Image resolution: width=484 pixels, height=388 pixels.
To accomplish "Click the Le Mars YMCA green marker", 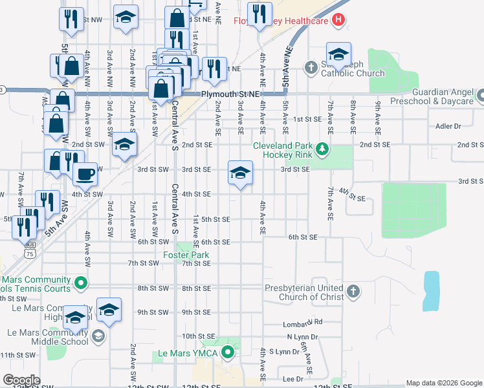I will pyautogui.click(x=227, y=353).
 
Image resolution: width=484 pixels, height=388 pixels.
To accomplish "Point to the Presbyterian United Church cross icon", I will pyautogui.click(x=353, y=292).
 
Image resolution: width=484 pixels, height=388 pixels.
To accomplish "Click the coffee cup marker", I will pyautogui.click(x=84, y=173).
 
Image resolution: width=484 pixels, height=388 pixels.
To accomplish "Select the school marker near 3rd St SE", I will pyautogui.click(x=240, y=173).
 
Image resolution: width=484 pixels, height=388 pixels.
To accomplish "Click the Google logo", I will pyautogui.click(x=22, y=380).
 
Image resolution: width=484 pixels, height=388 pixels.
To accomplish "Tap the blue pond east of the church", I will pyautogui.click(x=431, y=290).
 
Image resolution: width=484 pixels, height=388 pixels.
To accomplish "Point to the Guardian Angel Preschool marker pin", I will pyautogui.click(x=479, y=96).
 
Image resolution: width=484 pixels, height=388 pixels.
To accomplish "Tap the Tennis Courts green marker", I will pyautogui.click(x=81, y=283).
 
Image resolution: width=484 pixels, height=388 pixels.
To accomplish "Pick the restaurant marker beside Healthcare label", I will pyautogui.click(x=259, y=15).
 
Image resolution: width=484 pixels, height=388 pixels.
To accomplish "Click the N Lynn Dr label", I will pyautogui.click(x=303, y=338).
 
